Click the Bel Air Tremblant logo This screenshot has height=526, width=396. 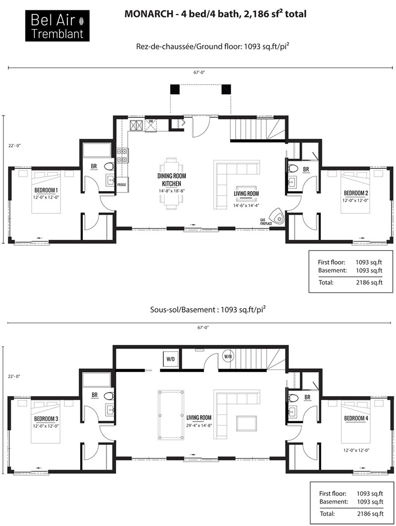[x=57, y=26]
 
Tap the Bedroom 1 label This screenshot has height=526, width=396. [x=46, y=190]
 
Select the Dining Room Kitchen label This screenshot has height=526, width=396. [x=172, y=180]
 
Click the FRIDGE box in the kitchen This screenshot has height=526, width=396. [x=122, y=185]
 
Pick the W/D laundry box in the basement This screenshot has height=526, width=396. [x=171, y=359]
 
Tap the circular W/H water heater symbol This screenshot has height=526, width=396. [x=228, y=356]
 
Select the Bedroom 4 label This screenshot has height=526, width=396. [x=356, y=419]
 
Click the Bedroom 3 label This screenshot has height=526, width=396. [x=46, y=419]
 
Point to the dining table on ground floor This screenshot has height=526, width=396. [x=171, y=183]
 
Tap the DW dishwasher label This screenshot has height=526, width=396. [x=151, y=121]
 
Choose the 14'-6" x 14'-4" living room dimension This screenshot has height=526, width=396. [x=247, y=206]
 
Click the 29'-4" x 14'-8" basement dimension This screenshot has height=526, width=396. [x=199, y=425]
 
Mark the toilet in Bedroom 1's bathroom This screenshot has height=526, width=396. [x=110, y=166]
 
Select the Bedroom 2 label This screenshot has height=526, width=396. [x=356, y=193]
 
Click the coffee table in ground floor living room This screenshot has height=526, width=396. [x=247, y=188]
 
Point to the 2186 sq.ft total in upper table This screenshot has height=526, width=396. [x=369, y=282]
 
